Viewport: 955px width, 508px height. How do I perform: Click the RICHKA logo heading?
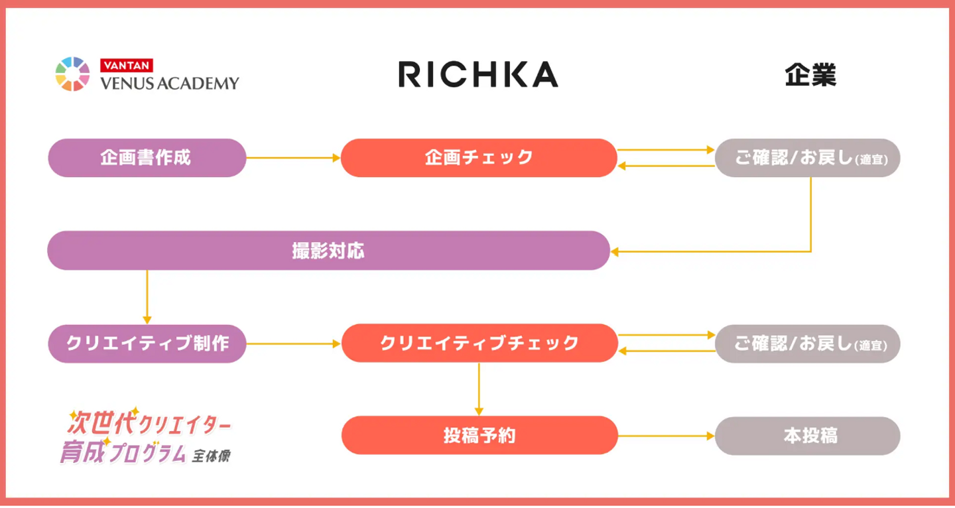pos(477,74)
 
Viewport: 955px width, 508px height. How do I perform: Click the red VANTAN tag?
pos(127,66)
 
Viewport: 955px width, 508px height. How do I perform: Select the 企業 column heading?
pos(810,75)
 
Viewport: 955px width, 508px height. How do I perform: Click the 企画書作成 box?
pos(147,158)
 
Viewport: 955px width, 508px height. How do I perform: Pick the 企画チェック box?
pos(479,158)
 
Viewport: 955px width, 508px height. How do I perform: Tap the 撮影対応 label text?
pos(328,251)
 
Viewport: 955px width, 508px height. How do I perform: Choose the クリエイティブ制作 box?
pos(147,344)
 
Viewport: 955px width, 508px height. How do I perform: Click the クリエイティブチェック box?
pos(479,344)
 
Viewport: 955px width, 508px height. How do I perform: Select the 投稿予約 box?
pos(479,436)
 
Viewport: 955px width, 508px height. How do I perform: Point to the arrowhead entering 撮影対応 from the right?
pos(615,251)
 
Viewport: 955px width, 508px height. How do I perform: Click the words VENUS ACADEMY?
pos(169,83)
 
